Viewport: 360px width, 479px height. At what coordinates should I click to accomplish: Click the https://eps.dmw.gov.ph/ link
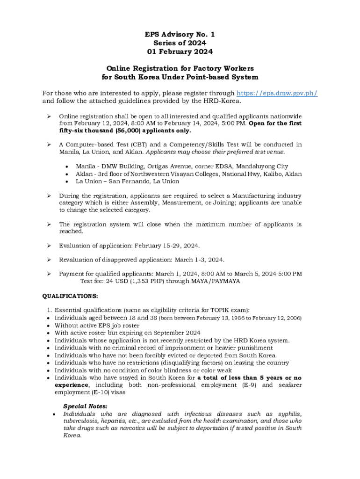(277, 93)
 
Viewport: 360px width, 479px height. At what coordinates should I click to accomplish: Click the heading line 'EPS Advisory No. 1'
(180, 35)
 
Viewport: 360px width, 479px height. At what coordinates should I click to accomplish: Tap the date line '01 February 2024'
(180, 51)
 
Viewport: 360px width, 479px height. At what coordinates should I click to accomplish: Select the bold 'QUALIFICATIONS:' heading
(70, 296)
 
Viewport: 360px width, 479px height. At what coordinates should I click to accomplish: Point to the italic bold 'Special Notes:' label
(85, 406)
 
